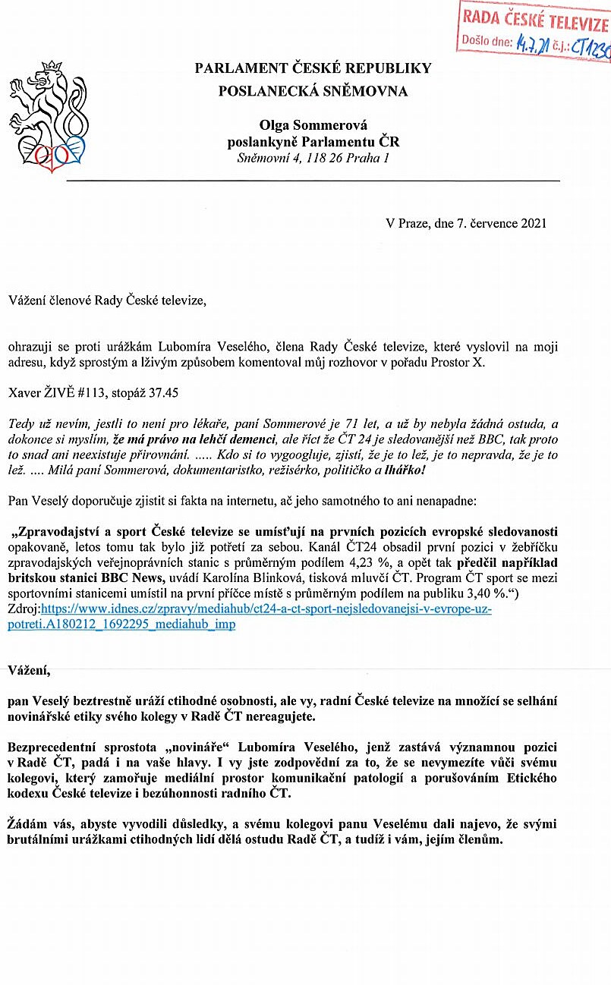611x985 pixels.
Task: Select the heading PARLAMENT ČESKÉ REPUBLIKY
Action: coord(313,68)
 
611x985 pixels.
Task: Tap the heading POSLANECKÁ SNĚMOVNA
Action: coord(313,92)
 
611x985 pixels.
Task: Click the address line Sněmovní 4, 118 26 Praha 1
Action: coord(313,159)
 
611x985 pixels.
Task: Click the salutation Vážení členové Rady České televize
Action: coord(107,301)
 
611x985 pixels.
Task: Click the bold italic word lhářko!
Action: coord(405,470)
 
